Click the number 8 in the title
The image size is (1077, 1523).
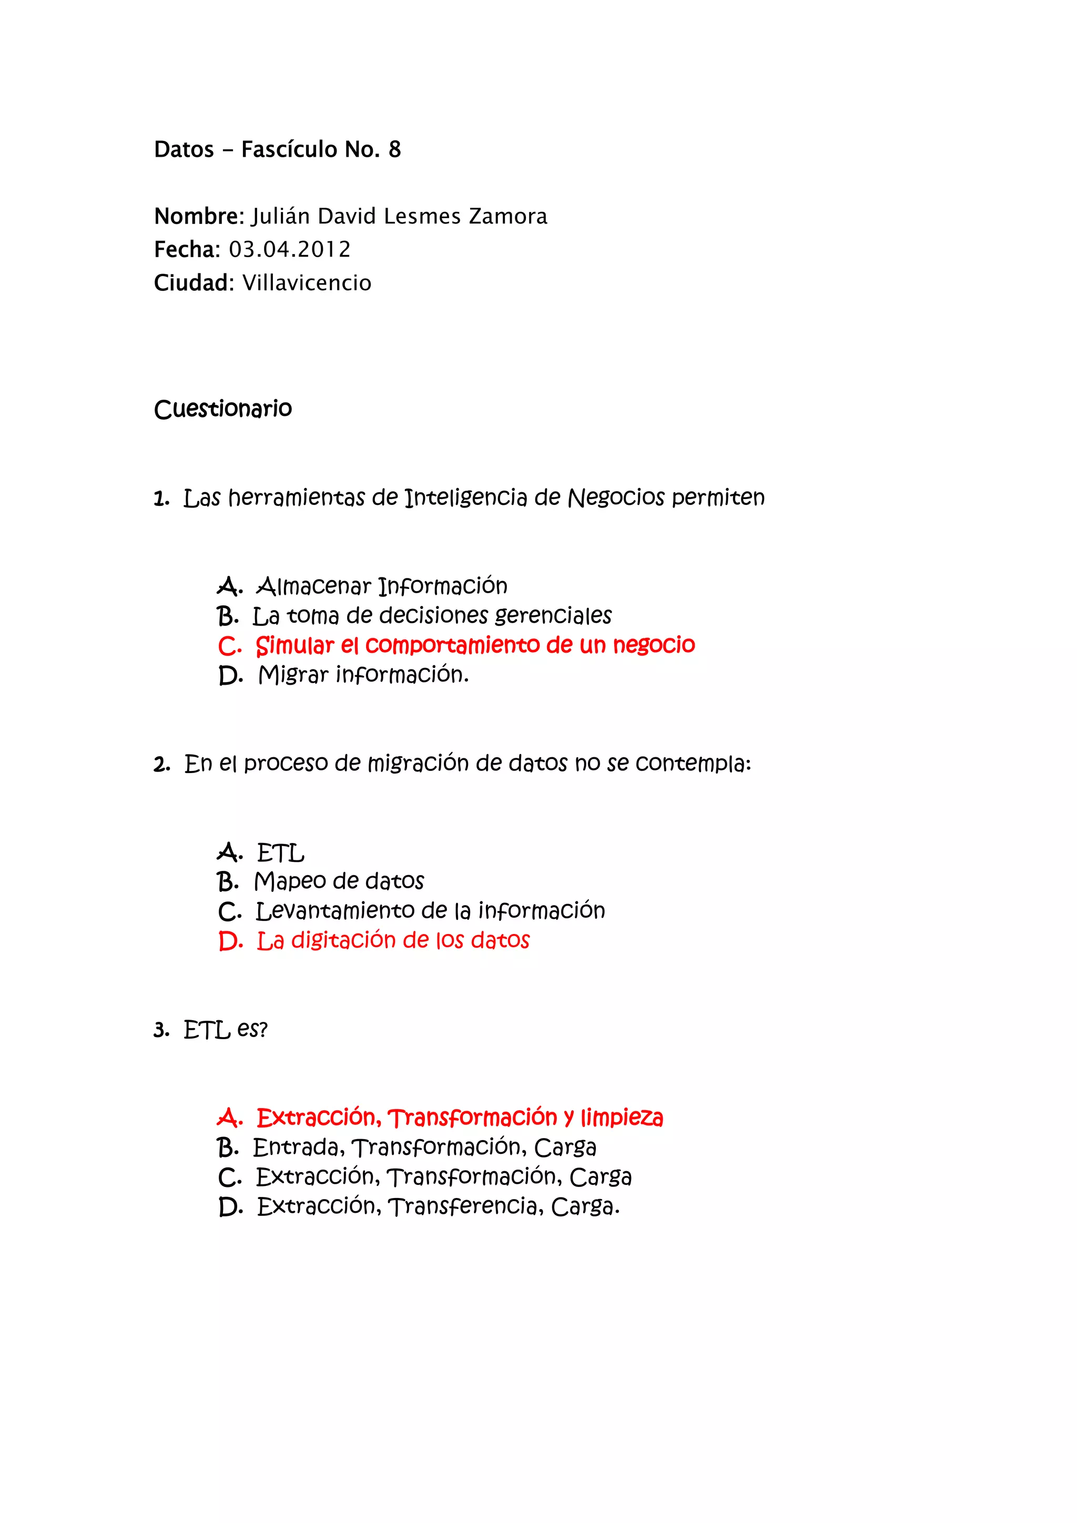point(394,150)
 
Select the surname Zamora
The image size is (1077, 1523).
point(508,217)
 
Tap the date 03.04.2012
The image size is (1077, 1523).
point(290,250)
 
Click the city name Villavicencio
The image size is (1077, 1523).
point(307,283)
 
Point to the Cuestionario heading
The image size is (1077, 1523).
point(223,409)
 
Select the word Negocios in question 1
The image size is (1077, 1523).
point(616,497)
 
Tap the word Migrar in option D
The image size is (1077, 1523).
point(293,675)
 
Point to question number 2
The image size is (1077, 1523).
point(161,765)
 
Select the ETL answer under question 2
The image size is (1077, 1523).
point(280,852)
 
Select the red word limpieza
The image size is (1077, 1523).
point(622,1119)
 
